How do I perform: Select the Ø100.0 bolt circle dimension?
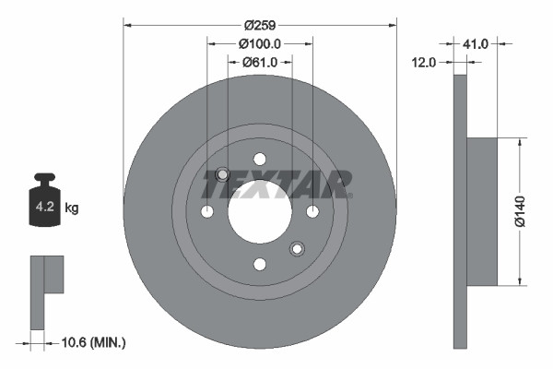[x=259, y=43]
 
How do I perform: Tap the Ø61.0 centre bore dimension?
[x=260, y=62]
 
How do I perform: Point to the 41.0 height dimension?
[x=475, y=43]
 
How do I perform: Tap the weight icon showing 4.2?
[x=44, y=205]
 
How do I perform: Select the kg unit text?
[x=72, y=208]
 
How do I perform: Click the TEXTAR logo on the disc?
[x=277, y=184]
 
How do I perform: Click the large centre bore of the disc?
[x=260, y=212]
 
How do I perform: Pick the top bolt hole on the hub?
[x=260, y=159]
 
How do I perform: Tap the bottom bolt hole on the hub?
[x=260, y=265]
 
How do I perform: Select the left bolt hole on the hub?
[x=207, y=212]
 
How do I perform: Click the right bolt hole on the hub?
[x=312, y=212]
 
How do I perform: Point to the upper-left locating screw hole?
[x=222, y=175]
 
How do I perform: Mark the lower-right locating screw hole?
[x=297, y=248]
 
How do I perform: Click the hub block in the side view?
[x=481, y=211]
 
